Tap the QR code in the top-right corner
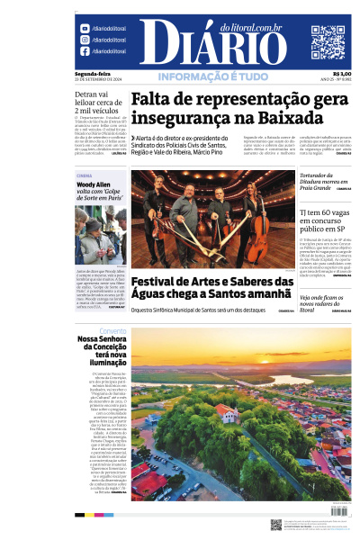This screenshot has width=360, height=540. point(328,41)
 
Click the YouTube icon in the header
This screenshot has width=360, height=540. point(85,29)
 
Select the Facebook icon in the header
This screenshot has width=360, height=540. point(85,51)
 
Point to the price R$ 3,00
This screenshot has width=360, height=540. point(342,74)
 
